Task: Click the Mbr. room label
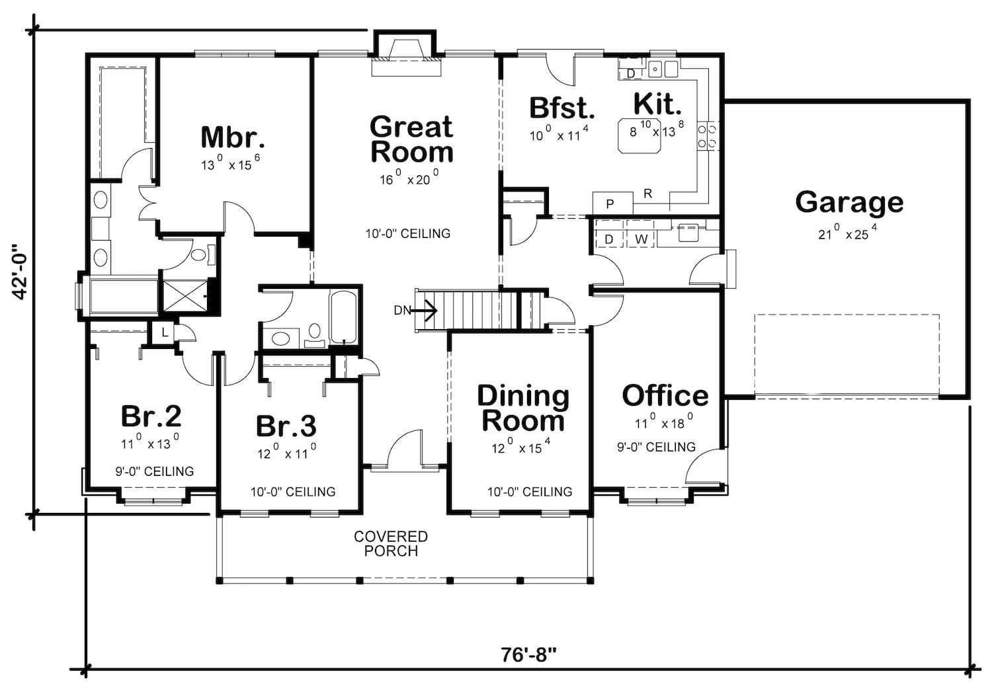coord(233,137)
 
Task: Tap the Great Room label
coord(412,139)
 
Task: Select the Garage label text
coord(849,203)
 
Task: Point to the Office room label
coord(665,395)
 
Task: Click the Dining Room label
coord(524,408)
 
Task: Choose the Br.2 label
coord(151,416)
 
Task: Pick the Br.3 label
coord(286,426)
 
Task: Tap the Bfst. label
coord(562,108)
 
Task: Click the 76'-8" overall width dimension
coord(528,654)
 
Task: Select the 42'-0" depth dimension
coord(21,271)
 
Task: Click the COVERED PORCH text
coord(391,543)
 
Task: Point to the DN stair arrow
coord(425,310)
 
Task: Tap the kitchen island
coord(640,135)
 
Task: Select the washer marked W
coord(641,239)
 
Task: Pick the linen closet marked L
coord(164,332)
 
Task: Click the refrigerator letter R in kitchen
coord(647,194)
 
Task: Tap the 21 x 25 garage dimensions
coord(847,233)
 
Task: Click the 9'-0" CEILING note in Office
coord(656,447)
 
